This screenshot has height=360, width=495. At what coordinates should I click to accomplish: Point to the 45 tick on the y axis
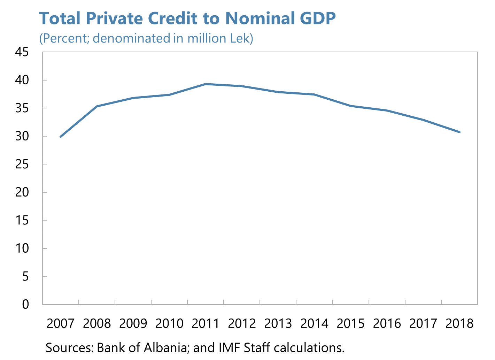click(x=22, y=52)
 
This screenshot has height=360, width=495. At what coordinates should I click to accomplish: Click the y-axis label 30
click(x=22, y=136)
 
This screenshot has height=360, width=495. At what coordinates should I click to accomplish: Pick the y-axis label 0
click(x=25, y=304)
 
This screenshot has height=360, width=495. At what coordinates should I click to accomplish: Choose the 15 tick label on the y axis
click(x=22, y=220)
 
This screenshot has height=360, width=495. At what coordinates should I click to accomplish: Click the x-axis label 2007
click(x=61, y=323)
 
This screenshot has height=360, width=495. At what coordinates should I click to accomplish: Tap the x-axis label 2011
click(x=206, y=323)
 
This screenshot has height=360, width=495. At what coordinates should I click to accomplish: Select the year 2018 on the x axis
click(x=459, y=323)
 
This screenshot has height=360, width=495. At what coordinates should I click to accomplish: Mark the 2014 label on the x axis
click(x=314, y=323)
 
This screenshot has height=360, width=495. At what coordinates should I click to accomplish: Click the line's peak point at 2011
click(x=206, y=84)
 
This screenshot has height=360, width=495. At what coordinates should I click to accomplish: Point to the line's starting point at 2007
click(x=61, y=137)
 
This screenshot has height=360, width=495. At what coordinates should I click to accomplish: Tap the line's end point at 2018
click(x=459, y=132)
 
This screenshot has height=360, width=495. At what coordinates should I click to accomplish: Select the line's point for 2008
click(x=97, y=106)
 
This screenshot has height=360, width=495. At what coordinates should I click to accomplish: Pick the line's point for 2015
click(x=351, y=106)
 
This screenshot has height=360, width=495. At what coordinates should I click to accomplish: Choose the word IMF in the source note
click(x=230, y=347)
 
